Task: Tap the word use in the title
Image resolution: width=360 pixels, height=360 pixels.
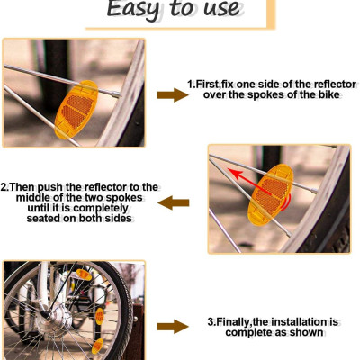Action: (221, 8)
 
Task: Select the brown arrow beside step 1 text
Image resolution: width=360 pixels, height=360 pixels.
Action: (173, 95)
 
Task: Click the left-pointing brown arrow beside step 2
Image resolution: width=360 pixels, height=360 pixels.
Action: (174, 202)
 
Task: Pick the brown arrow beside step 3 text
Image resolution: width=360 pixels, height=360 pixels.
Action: (173, 327)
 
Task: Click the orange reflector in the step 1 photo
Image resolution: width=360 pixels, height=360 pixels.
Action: (76, 109)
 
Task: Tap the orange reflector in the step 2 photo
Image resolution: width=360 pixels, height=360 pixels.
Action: (271, 194)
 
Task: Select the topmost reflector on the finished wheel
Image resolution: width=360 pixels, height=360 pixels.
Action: (84, 274)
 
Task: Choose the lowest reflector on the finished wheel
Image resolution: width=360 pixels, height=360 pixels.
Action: (97, 346)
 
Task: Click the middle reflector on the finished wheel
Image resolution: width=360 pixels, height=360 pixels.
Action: (100, 316)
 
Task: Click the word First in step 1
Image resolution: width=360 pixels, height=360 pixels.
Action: (207, 85)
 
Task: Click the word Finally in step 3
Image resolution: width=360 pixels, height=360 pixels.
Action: (233, 322)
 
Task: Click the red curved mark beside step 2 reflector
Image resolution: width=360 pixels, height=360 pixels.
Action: (288, 202)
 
